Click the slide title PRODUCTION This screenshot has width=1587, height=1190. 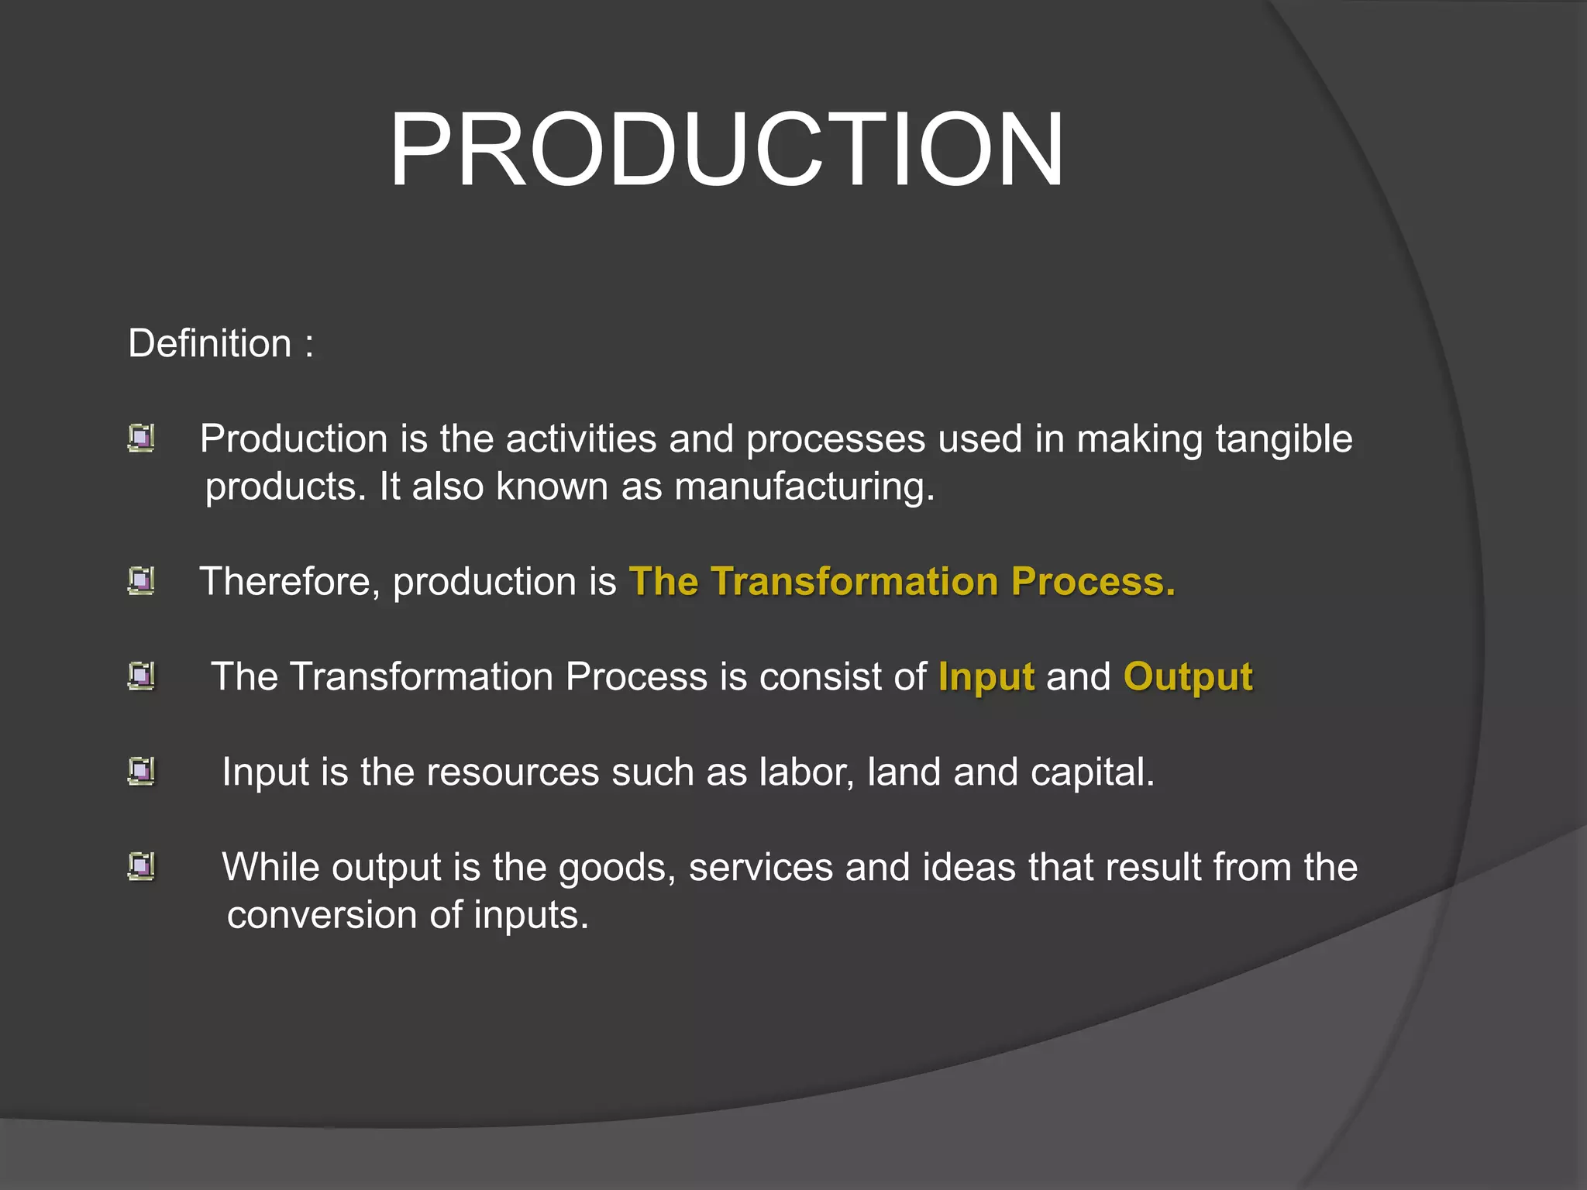tap(726, 150)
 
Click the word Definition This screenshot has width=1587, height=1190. tap(210, 343)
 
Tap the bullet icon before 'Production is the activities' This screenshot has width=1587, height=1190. tap(141, 439)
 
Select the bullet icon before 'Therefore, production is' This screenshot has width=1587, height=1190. tap(141, 581)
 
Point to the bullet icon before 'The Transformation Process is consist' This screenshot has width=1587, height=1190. tap(141, 676)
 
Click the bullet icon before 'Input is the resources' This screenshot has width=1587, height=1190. tap(141, 772)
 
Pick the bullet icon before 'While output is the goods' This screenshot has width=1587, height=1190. tap(141, 867)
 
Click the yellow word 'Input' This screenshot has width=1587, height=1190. tap(986, 677)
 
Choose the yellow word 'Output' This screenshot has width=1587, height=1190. tap(1187, 677)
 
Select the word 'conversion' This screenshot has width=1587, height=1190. tap(322, 916)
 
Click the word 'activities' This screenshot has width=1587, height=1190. tap(581, 439)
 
